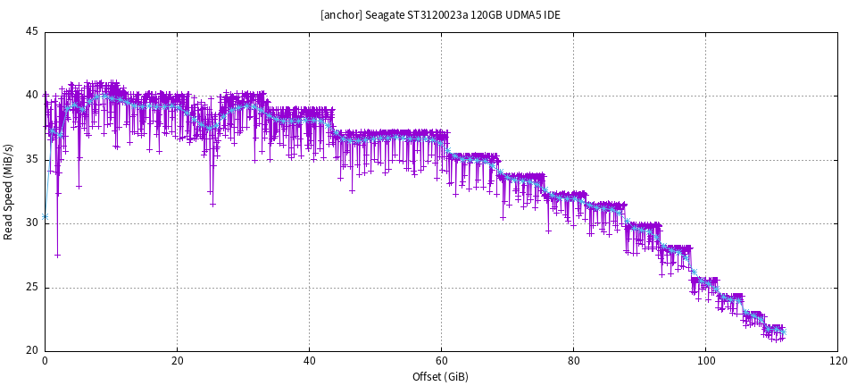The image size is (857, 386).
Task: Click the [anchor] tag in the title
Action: tap(342, 15)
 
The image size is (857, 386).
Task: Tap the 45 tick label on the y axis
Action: tap(31, 32)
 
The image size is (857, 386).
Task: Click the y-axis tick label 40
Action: tap(31, 96)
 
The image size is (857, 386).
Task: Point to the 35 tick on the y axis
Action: tap(31, 160)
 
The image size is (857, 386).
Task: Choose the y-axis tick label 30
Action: tap(31, 223)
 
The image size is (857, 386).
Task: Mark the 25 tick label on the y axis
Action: tap(31, 288)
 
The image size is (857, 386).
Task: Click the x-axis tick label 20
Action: tap(177, 362)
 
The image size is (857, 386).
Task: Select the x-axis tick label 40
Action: tap(309, 362)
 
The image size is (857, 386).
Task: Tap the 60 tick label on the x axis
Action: tap(441, 362)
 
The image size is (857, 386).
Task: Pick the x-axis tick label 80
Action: tap(573, 362)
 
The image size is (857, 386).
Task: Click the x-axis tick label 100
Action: tap(705, 362)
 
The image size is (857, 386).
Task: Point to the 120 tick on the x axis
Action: tap(837, 362)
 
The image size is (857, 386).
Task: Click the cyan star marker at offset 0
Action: tap(46, 217)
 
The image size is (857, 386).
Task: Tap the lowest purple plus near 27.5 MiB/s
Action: tap(57, 256)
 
